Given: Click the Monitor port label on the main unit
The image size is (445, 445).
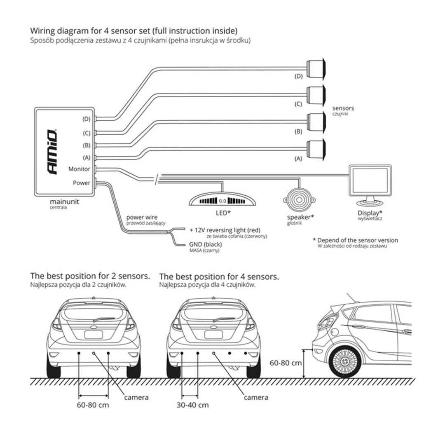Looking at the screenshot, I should click(x=79, y=169).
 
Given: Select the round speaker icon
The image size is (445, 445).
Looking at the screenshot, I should click(x=299, y=200).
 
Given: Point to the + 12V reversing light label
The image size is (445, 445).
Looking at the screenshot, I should click(x=225, y=230).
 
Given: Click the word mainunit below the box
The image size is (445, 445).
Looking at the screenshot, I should click(x=62, y=201).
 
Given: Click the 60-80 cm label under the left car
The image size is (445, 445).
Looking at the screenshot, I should click(x=93, y=405).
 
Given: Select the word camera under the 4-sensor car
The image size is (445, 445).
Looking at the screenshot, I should click(x=256, y=398).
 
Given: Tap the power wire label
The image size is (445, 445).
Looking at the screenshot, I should click(x=142, y=217).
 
